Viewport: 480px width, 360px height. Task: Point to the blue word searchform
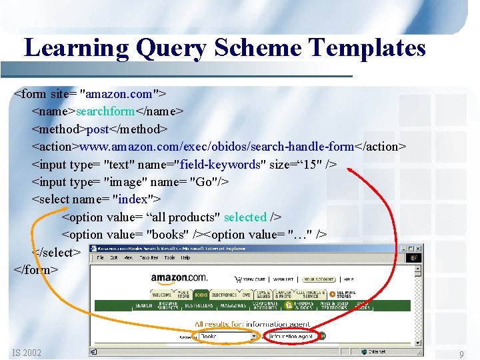[x=106, y=111]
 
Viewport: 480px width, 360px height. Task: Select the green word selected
[x=245, y=217]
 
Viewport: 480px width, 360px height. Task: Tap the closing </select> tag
[x=56, y=252]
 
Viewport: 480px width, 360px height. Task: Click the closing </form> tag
[x=36, y=269]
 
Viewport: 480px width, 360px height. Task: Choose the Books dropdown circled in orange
[x=227, y=337]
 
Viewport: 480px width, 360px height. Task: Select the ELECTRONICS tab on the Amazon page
[x=224, y=295]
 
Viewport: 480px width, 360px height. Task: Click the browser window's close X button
[x=416, y=248]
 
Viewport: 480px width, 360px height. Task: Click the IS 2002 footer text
[x=26, y=353]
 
